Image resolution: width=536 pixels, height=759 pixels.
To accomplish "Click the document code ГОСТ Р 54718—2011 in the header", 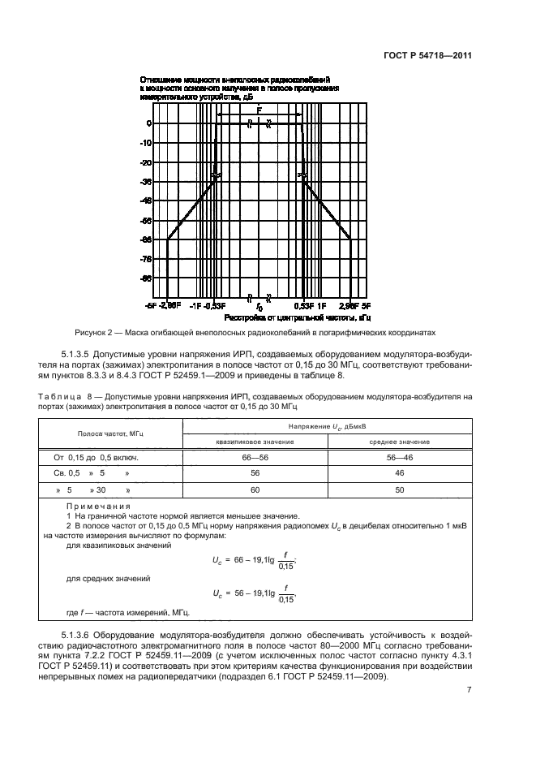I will [x=427, y=57].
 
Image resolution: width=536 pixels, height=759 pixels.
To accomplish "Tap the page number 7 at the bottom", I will [x=469, y=690].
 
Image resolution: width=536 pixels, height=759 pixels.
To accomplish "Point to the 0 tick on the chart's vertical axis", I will [x=149, y=123].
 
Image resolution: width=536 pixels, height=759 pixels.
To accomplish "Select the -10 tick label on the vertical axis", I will [x=146, y=143].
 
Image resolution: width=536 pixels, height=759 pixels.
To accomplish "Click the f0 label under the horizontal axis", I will [x=259, y=308].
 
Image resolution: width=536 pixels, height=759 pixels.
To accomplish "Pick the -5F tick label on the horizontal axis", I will [x=150, y=306].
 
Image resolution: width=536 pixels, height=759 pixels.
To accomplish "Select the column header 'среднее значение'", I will [x=400, y=442].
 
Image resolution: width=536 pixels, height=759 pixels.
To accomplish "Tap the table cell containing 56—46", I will [x=400, y=458].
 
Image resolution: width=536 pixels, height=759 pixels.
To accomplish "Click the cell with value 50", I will [x=400, y=490].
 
